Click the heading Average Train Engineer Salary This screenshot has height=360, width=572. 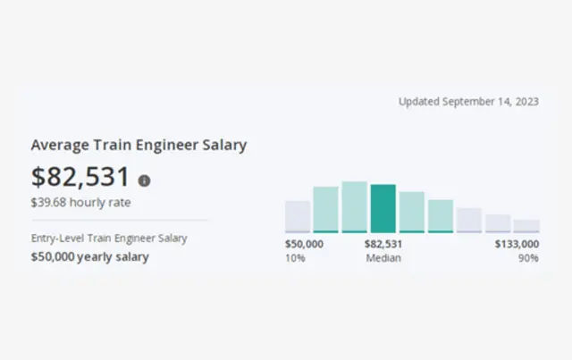[x=139, y=145]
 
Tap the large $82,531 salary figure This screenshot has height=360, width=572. [x=80, y=177]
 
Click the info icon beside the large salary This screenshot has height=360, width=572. [x=145, y=180]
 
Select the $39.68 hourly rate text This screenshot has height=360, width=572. [x=80, y=203]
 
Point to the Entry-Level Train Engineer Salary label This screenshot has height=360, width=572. [x=110, y=239]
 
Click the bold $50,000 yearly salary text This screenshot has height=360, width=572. [x=90, y=257]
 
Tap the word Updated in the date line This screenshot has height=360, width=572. [x=419, y=102]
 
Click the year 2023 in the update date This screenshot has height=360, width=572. [x=526, y=102]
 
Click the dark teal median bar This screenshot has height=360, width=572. [x=383, y=208]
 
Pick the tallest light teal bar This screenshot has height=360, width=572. [x=355, y=206]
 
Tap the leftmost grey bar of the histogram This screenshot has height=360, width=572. [x=298, y=216]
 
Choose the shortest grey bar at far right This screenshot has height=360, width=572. [x=526, y=226]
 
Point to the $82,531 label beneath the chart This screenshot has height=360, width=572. [x=383, y=244]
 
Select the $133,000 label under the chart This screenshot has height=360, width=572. [x=517, y=244]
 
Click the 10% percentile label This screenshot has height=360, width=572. [x=295, y=258]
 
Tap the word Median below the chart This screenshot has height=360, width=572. [x=383, y=258]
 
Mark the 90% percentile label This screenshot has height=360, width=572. [x=528, y=258]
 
